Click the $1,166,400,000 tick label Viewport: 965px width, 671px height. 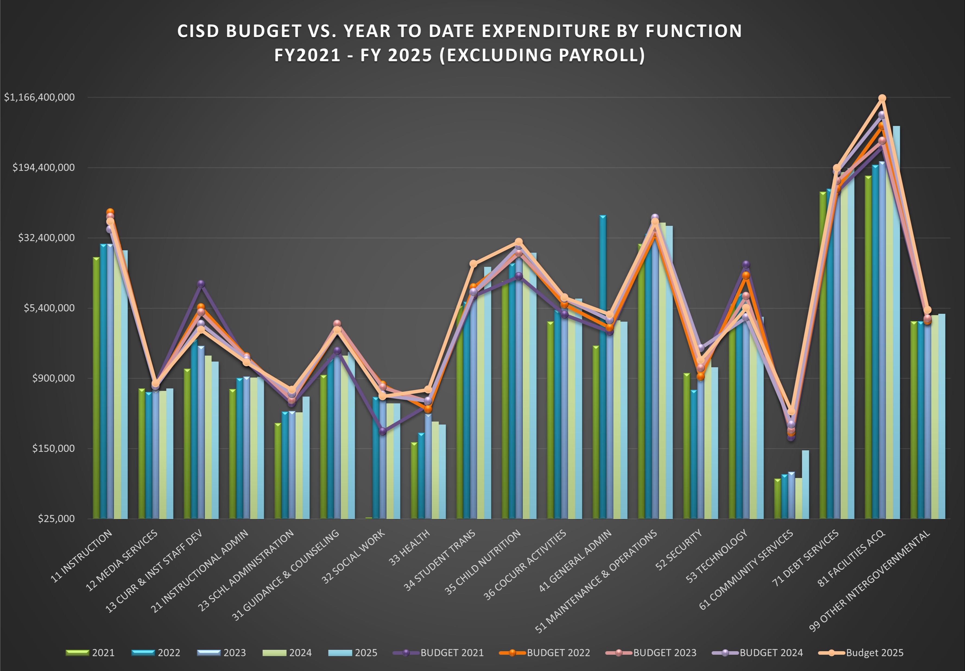pos(39,97)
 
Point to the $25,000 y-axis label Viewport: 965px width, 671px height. pos(56,518)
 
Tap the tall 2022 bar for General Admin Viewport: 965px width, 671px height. pos(603,366)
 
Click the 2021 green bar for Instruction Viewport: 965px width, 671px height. pos(96,387)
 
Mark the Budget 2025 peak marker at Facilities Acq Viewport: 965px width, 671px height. pos(882,98)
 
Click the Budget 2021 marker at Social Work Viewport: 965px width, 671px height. pos(382,431)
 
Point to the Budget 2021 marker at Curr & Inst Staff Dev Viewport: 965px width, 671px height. pos(201,284)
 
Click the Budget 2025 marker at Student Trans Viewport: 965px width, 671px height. pos(473,264)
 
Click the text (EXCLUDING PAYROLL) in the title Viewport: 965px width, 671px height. pos(542,55)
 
